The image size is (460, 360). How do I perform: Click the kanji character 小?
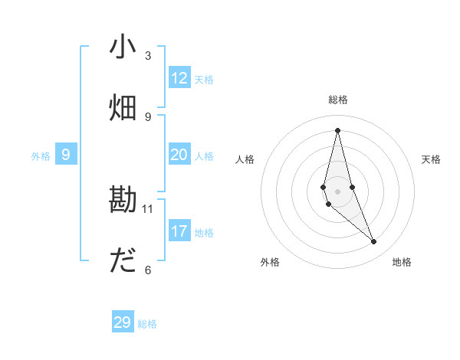[123, 47]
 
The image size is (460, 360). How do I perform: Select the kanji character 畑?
[123, 108]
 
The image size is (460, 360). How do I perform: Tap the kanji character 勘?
[123, 201]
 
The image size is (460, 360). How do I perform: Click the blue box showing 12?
[179, 78]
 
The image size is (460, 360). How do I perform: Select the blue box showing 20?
[179, 155]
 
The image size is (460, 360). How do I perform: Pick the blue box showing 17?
[179, 231]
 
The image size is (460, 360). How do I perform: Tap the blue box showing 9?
[66, 155]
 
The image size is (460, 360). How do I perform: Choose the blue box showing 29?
[123, 322]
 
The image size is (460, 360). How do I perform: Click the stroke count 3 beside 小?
[148, 56]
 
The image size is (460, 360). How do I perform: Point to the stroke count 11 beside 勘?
[148, 208]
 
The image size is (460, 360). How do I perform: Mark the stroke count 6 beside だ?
[148, 270]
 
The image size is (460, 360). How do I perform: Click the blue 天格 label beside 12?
[204, 79]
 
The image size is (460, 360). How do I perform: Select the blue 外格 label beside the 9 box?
[41, 155]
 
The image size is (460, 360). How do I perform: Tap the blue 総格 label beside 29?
[147, 323]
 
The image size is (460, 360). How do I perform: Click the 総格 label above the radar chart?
[338, 100]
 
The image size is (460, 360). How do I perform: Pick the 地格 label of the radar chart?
[402, 262]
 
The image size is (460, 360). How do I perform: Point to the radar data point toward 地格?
[374, 242]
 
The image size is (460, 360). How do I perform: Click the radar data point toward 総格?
[337, 130]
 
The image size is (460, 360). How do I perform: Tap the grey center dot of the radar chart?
[337, 191]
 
